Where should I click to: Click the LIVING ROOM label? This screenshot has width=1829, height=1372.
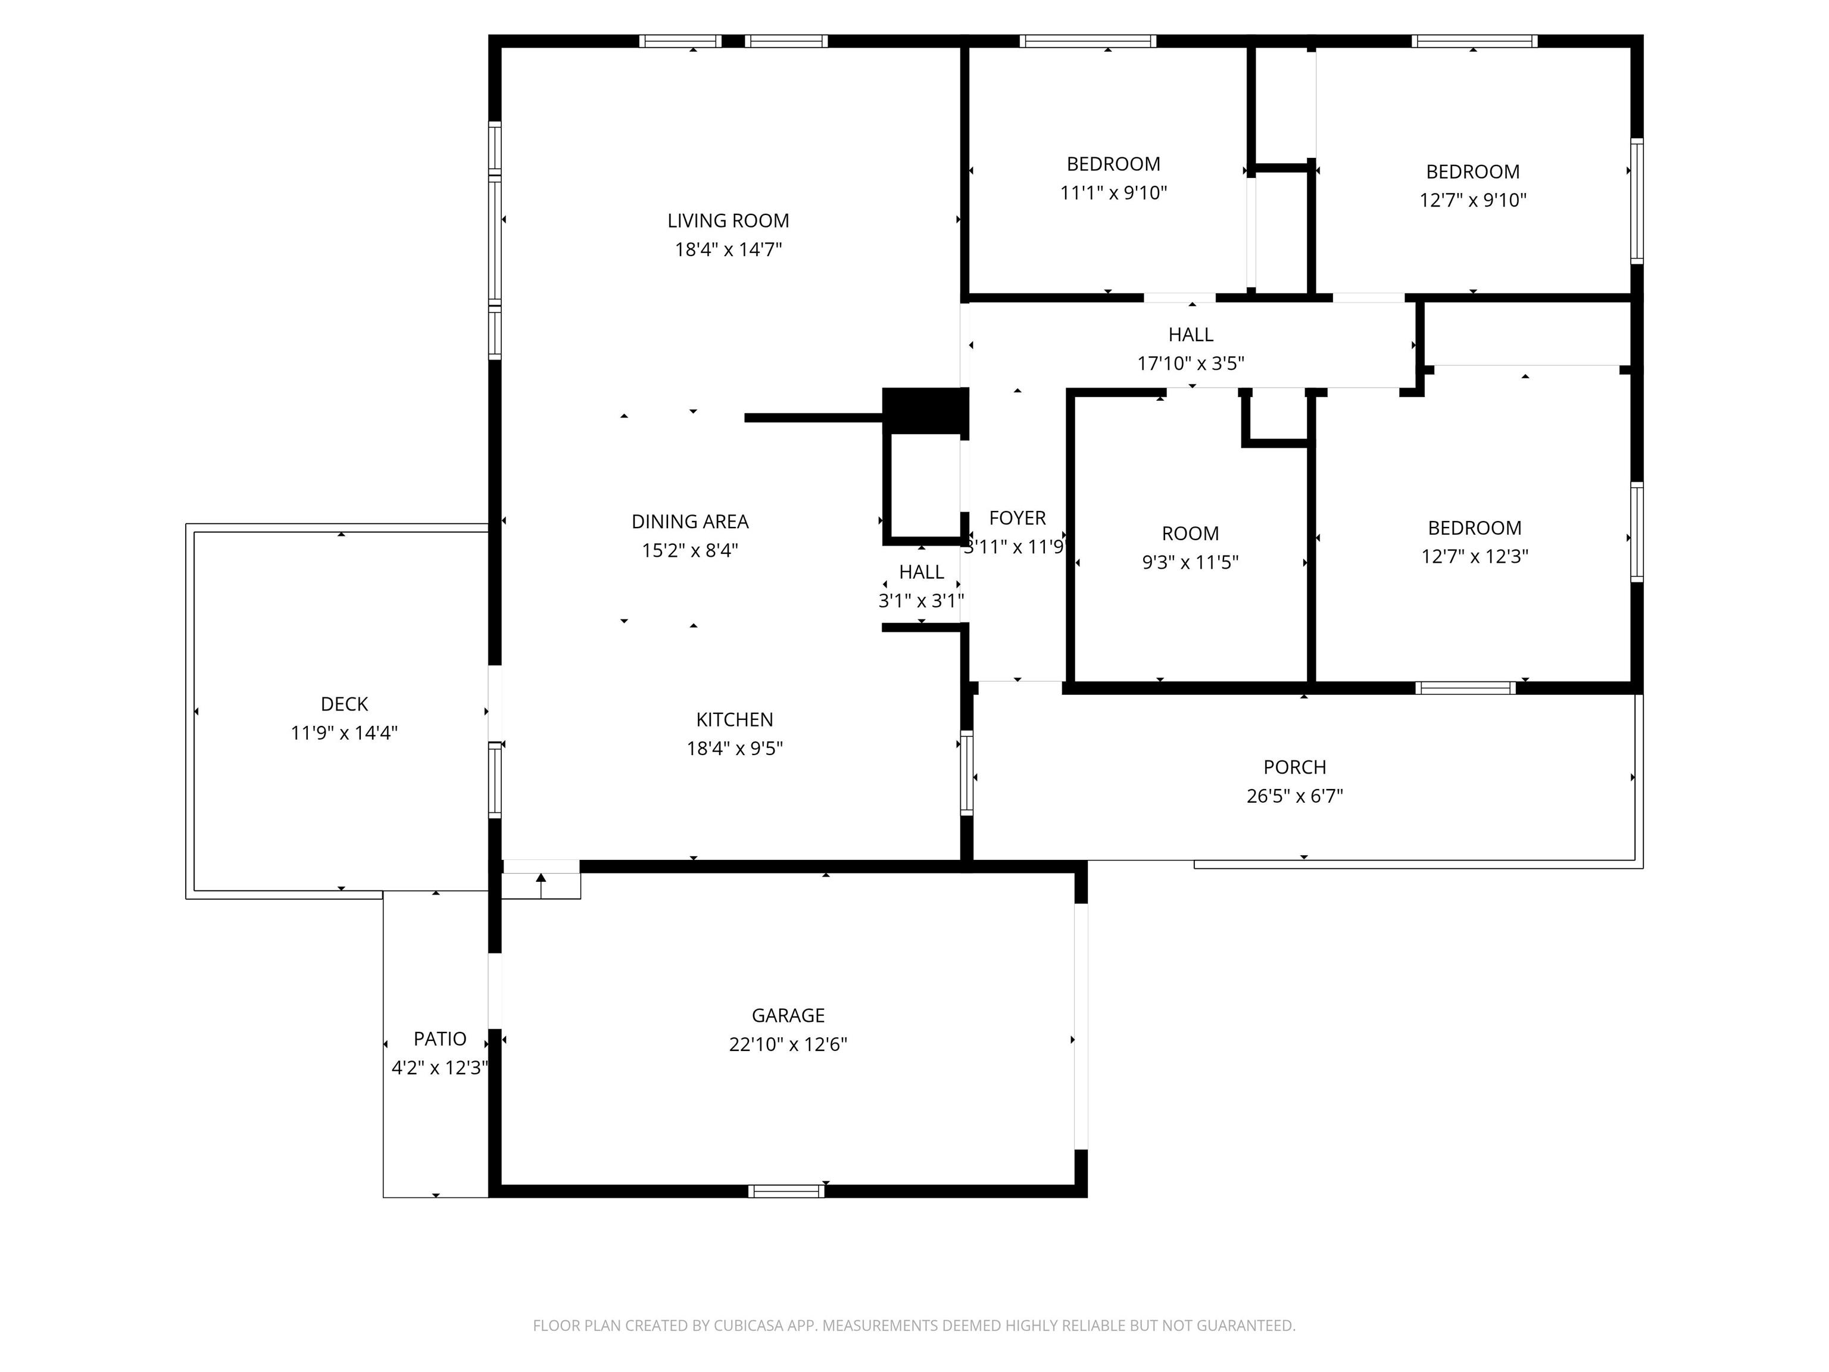(728, 221)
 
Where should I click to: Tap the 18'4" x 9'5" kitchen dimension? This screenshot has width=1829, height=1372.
(734, 749)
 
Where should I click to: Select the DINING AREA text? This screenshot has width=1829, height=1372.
(689, 522)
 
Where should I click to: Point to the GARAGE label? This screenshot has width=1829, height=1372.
(788, 1015)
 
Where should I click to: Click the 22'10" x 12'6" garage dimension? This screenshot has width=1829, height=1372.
(788, 1044)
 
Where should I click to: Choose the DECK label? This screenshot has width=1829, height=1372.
(344, 704)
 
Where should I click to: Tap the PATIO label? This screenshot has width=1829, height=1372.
(440, 1040)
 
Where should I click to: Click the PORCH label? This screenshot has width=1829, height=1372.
(1295, 768)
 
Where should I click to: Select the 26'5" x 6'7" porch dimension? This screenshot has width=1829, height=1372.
(1295, 796)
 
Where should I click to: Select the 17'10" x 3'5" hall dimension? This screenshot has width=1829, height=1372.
(1191, 364)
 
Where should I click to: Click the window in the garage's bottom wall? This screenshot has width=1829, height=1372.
(786, 1191)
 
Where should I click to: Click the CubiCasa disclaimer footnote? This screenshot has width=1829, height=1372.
(914, 1326)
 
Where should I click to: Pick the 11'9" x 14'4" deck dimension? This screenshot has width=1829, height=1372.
(344, 732)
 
